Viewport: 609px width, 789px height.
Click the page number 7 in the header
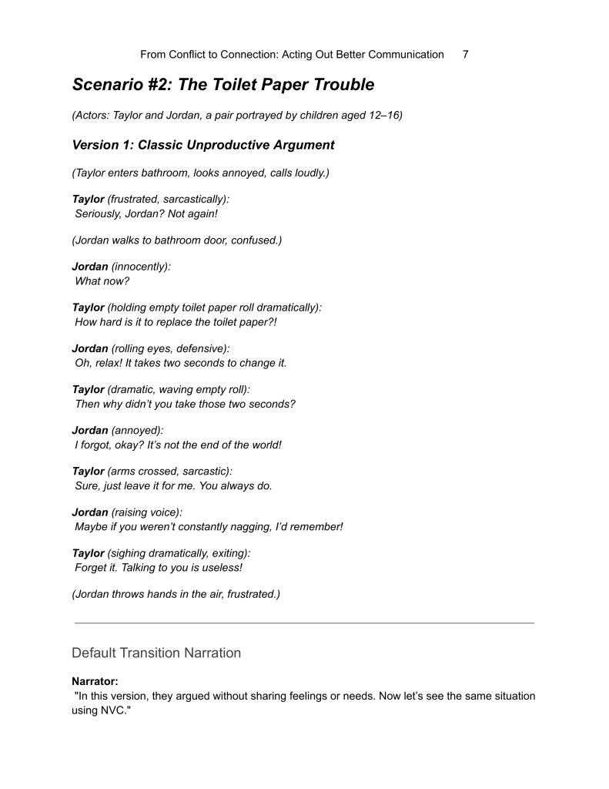[x=466, y=55]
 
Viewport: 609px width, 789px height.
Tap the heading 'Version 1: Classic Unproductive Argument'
[x=203, y=145]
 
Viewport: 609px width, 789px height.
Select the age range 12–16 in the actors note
[x=379, y=116]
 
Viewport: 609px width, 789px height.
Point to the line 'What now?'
[x=102, y=281]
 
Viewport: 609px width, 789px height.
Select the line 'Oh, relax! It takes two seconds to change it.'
[x=180, y=363]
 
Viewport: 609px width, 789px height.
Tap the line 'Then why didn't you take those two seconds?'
[x=185, y=404]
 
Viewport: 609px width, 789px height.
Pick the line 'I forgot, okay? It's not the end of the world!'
[x=178, y=445]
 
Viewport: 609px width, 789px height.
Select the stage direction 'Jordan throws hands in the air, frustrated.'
[x=176, y=594]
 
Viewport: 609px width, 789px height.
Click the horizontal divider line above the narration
[x=303, y=623]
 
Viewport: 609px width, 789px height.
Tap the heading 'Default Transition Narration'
[x=156, y=653]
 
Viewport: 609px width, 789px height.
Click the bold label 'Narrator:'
[x=95, y=681]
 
